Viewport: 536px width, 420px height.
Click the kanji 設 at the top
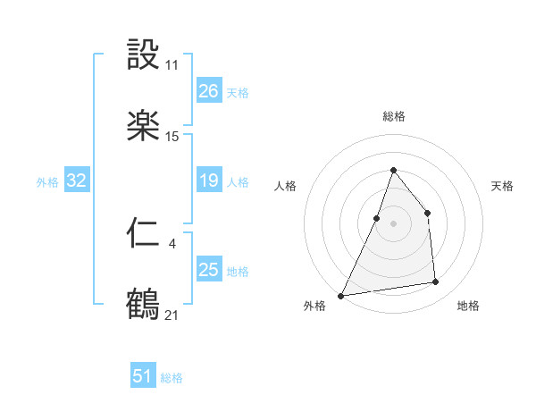143,55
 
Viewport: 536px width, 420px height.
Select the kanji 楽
143,125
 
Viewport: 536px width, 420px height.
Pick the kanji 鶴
143,304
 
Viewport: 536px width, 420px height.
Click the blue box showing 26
208,91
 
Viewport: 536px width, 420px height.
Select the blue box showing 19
208,181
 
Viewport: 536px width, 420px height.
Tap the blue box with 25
208,270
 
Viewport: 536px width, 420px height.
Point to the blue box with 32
77,181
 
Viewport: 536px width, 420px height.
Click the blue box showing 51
143,376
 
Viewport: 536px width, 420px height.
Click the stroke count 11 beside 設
172,65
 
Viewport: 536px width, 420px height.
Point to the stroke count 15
172,136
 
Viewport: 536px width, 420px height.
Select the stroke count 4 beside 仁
172,242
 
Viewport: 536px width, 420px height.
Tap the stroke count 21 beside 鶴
172,315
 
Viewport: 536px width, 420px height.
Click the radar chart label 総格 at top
393,117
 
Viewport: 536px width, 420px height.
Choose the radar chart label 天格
502,186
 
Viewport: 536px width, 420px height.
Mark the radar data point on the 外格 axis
340,296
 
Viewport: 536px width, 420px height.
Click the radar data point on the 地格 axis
436,282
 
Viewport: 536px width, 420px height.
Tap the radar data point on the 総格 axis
393,170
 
